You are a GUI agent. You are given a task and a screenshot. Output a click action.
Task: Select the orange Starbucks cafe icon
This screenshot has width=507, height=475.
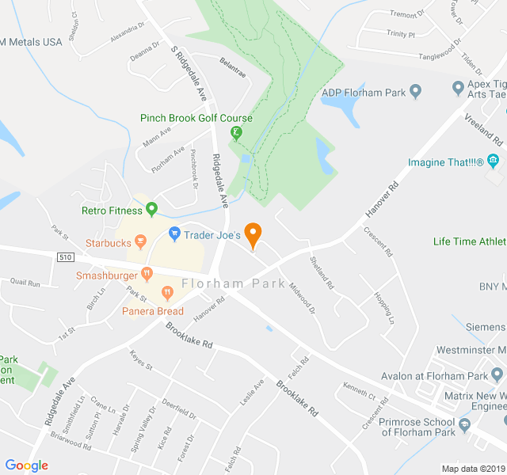[140, 241]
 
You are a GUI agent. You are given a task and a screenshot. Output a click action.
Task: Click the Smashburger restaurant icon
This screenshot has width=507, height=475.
[147, 274]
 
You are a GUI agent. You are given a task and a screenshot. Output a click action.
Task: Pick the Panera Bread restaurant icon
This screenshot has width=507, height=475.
[167, 293]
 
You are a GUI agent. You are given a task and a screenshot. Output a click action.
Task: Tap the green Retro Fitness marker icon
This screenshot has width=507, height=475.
[152, 210]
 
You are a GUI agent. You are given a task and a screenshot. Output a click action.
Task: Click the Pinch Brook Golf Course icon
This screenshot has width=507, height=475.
[236, 133]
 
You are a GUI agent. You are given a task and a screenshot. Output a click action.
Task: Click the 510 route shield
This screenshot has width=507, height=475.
[65, 257]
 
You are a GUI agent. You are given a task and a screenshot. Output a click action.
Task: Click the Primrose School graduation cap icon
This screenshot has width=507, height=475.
[464, 424]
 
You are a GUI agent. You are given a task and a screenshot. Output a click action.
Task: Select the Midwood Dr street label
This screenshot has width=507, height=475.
[302, 297]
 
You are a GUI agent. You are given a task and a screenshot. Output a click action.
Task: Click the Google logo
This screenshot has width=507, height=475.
[27, 465]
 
